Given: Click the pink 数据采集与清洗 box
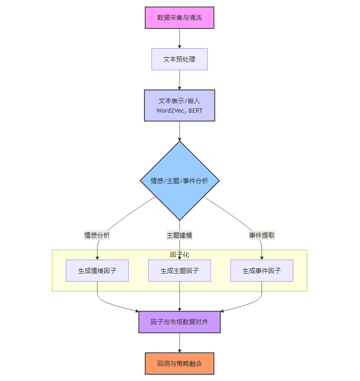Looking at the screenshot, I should (180, 18).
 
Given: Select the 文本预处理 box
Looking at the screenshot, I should (180, 59).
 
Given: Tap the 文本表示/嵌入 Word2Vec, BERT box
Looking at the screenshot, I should (180, 106).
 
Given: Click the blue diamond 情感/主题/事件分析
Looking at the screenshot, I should (180, 181).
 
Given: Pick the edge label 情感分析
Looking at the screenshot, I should (97, 235).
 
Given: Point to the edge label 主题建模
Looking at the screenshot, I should (180, 235).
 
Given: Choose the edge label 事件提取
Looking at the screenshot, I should (262, 235).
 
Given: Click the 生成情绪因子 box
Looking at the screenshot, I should (97, 271).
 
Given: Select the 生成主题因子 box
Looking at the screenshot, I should (180, 271).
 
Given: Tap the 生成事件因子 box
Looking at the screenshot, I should (262, 271).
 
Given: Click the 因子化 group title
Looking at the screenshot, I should (180, 255).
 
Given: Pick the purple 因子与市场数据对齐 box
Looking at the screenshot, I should (180, 322).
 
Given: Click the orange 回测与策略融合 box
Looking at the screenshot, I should (180, 363).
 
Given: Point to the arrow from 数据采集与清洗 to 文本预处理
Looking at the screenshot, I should (180, 38).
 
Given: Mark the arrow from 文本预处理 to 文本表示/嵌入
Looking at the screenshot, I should (180, 80).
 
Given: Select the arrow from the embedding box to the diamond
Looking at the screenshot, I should (180, 131).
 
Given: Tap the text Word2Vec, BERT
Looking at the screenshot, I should (180, 111).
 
